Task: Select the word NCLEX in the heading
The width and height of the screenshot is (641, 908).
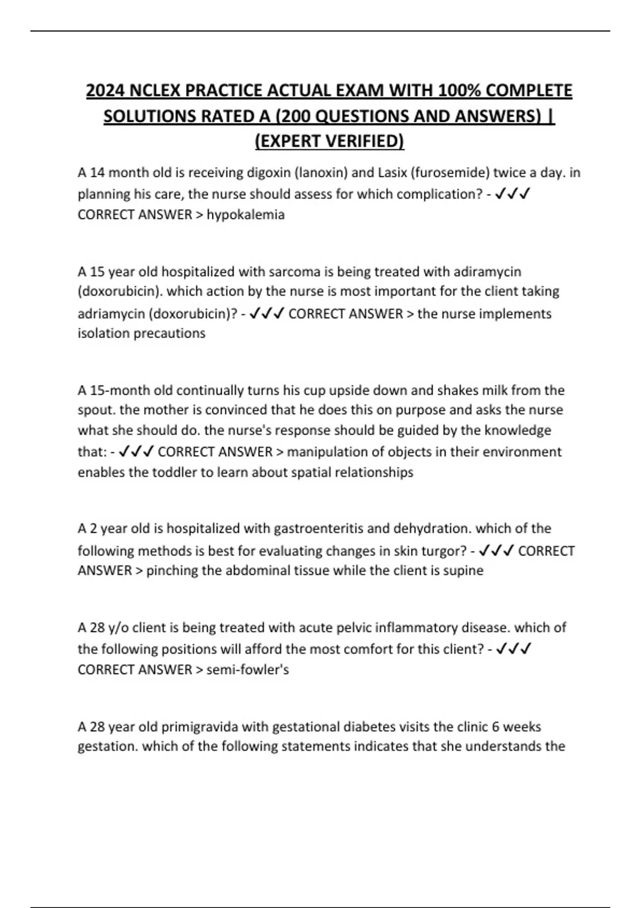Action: point(155,91)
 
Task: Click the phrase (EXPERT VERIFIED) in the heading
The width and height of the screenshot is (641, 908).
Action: point(329,141)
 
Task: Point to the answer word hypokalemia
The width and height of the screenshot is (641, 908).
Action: point(246,215)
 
